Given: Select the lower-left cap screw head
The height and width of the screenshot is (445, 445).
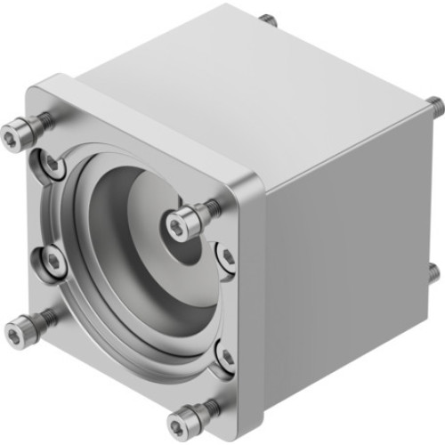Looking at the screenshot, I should [x=20, y=334].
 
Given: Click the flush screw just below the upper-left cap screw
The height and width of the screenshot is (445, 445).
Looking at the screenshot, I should [x=49, y=163].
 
